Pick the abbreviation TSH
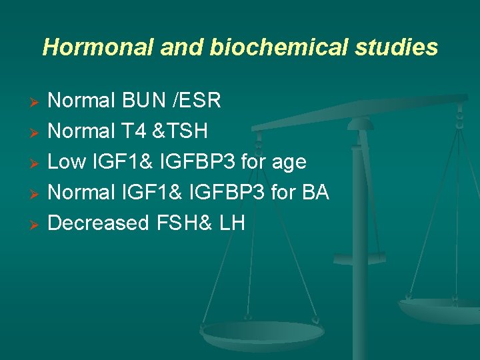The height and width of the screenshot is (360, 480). point(185,132)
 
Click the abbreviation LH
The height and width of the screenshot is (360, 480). point(231,223)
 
